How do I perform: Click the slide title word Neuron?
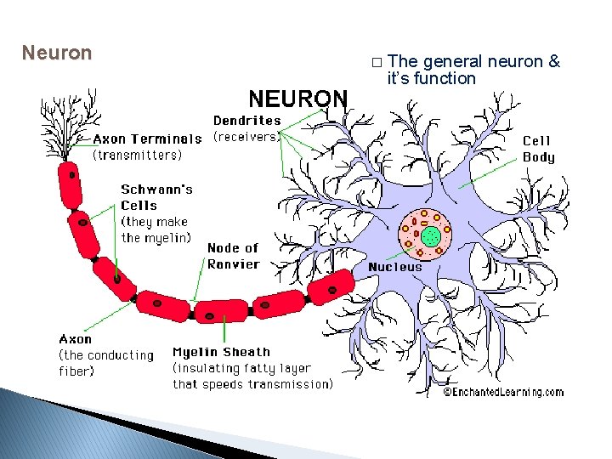coord(56,53)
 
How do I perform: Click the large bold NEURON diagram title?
coord(297,99)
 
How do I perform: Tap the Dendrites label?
coord(246,121)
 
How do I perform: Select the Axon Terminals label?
coord(147,139)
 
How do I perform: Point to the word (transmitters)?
coord(137,155)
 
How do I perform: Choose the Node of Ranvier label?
coord(233,256)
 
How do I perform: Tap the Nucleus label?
coord(394,267)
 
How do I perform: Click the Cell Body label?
coord(538,149)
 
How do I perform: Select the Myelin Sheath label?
coord(221,352)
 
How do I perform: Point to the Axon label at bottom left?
coord(76,339)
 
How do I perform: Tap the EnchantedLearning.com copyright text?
coord(503,392)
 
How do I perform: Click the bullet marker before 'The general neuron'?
coord(377,62)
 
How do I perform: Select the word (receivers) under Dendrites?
coord(246,136)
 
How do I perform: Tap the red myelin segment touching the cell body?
coord(330,287)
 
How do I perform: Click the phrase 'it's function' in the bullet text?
coord(431,78)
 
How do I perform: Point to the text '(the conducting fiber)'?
coord(106,363)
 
